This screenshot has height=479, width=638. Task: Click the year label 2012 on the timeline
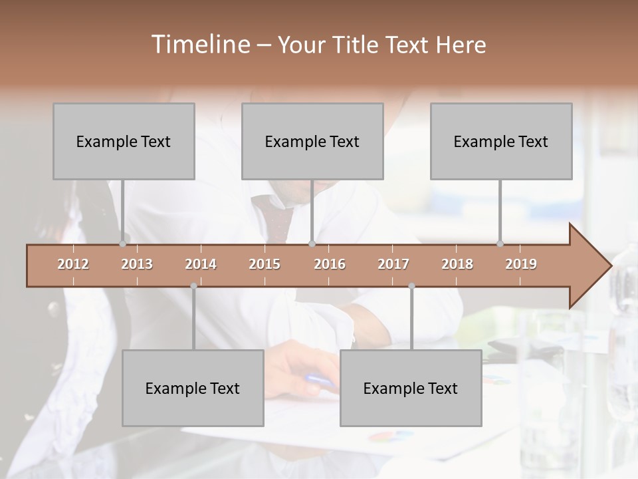click(73, 264)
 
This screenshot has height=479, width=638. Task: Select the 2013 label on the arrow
click(137, 264)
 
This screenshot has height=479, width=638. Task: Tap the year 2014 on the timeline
click(201, 264)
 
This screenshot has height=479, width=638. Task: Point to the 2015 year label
click(265, 264)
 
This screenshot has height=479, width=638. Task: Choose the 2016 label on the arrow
click(330, 264)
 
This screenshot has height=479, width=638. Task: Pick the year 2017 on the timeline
click(393, 264)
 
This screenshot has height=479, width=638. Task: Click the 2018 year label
click(457, 264)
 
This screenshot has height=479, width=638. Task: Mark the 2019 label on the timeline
click(521, 264)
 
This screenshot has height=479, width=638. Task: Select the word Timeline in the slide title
click(199, 45)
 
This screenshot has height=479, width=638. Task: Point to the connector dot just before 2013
click(123, 243)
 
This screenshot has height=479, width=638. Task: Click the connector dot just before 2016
click(312, 243)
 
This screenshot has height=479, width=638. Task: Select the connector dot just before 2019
click(500, 243)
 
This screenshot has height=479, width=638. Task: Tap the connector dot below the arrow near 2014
click(193, 286)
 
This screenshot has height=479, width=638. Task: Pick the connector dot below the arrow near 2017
click(411, 286)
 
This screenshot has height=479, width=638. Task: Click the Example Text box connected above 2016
click(312, 141)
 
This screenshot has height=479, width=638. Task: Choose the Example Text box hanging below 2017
click(411, 388)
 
